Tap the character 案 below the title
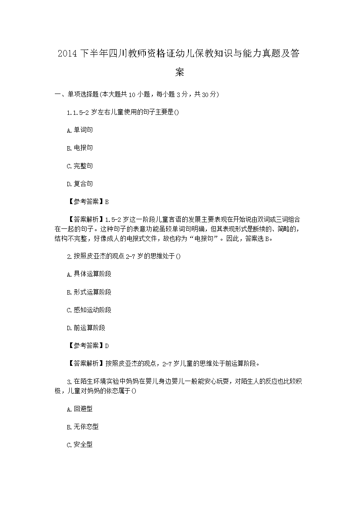point(180,72)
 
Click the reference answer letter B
point(107,202)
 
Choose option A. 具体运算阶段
point(89,274)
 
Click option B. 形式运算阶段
point(89,292)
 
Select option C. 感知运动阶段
point(89,310)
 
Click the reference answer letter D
point(107,346)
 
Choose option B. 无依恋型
point(83,427)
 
